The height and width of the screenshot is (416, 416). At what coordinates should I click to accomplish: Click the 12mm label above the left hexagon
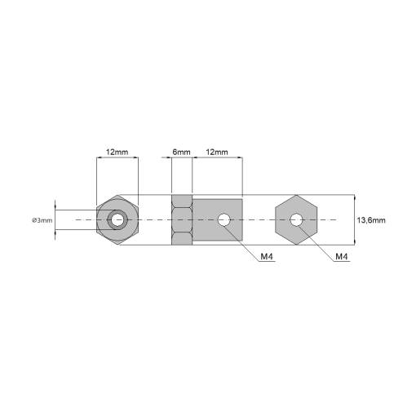pos(117,152)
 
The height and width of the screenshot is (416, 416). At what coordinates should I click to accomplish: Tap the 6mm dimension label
pos(181,152)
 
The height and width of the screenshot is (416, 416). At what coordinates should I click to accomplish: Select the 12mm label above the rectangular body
pos(217,152)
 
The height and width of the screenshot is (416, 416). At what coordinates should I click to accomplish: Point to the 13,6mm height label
pos(371,220)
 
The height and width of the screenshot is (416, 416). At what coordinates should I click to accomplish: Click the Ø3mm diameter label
pos(42,220)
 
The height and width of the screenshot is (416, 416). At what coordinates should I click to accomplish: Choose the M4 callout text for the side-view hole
pos(267,256)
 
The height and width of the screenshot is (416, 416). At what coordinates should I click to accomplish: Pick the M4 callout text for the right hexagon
pos(342,256)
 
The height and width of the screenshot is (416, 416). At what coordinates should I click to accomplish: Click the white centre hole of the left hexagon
pos(117,219)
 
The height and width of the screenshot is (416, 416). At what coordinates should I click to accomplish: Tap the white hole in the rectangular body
pos(224,219)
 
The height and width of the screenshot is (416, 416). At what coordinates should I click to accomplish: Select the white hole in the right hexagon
pos(296,219)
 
